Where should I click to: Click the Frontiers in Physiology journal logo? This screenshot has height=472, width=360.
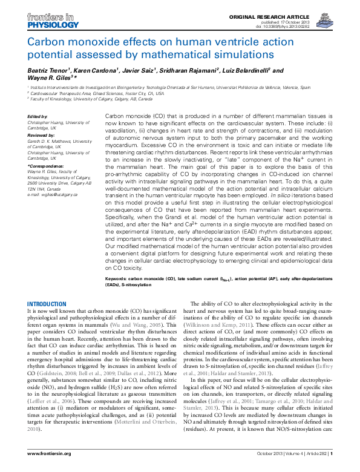[52, 22]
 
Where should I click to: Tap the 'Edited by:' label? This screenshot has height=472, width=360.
[38, 116]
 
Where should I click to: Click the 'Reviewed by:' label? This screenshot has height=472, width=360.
[41, 134]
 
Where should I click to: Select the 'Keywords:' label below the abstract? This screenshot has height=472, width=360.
[119, 278]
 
